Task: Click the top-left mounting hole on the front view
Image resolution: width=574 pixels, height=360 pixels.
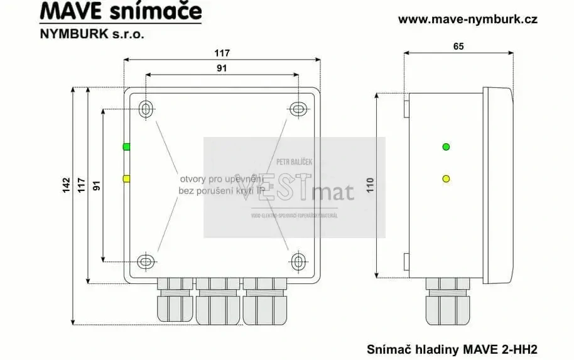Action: coord(146,109)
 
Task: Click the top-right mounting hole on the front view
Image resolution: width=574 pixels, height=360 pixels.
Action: coord(298,109)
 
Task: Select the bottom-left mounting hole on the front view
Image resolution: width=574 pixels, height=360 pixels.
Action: coord(146,261)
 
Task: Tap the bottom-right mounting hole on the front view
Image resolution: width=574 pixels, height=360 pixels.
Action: coord(298,261)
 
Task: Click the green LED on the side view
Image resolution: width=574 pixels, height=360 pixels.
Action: coord(446,147)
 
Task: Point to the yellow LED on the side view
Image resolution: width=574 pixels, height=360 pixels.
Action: coord(446,179)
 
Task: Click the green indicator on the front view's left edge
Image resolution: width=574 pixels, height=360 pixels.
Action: coord(126,147)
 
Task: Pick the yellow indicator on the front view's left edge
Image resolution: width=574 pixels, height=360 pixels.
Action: coord(126,179)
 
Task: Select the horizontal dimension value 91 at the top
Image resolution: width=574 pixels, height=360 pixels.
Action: coord(221,68)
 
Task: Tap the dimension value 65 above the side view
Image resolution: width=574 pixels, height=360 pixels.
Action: coord(458,46)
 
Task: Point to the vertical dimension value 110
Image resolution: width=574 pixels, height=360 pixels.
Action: coord(370,185)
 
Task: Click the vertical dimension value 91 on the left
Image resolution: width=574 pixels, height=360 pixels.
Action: coord(96,185)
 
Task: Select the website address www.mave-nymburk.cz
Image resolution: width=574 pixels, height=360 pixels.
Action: coord(468,19)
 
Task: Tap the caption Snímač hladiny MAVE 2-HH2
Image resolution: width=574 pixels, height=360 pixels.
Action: coord(452,347)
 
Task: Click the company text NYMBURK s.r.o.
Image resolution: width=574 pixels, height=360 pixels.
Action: coord(92,34)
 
